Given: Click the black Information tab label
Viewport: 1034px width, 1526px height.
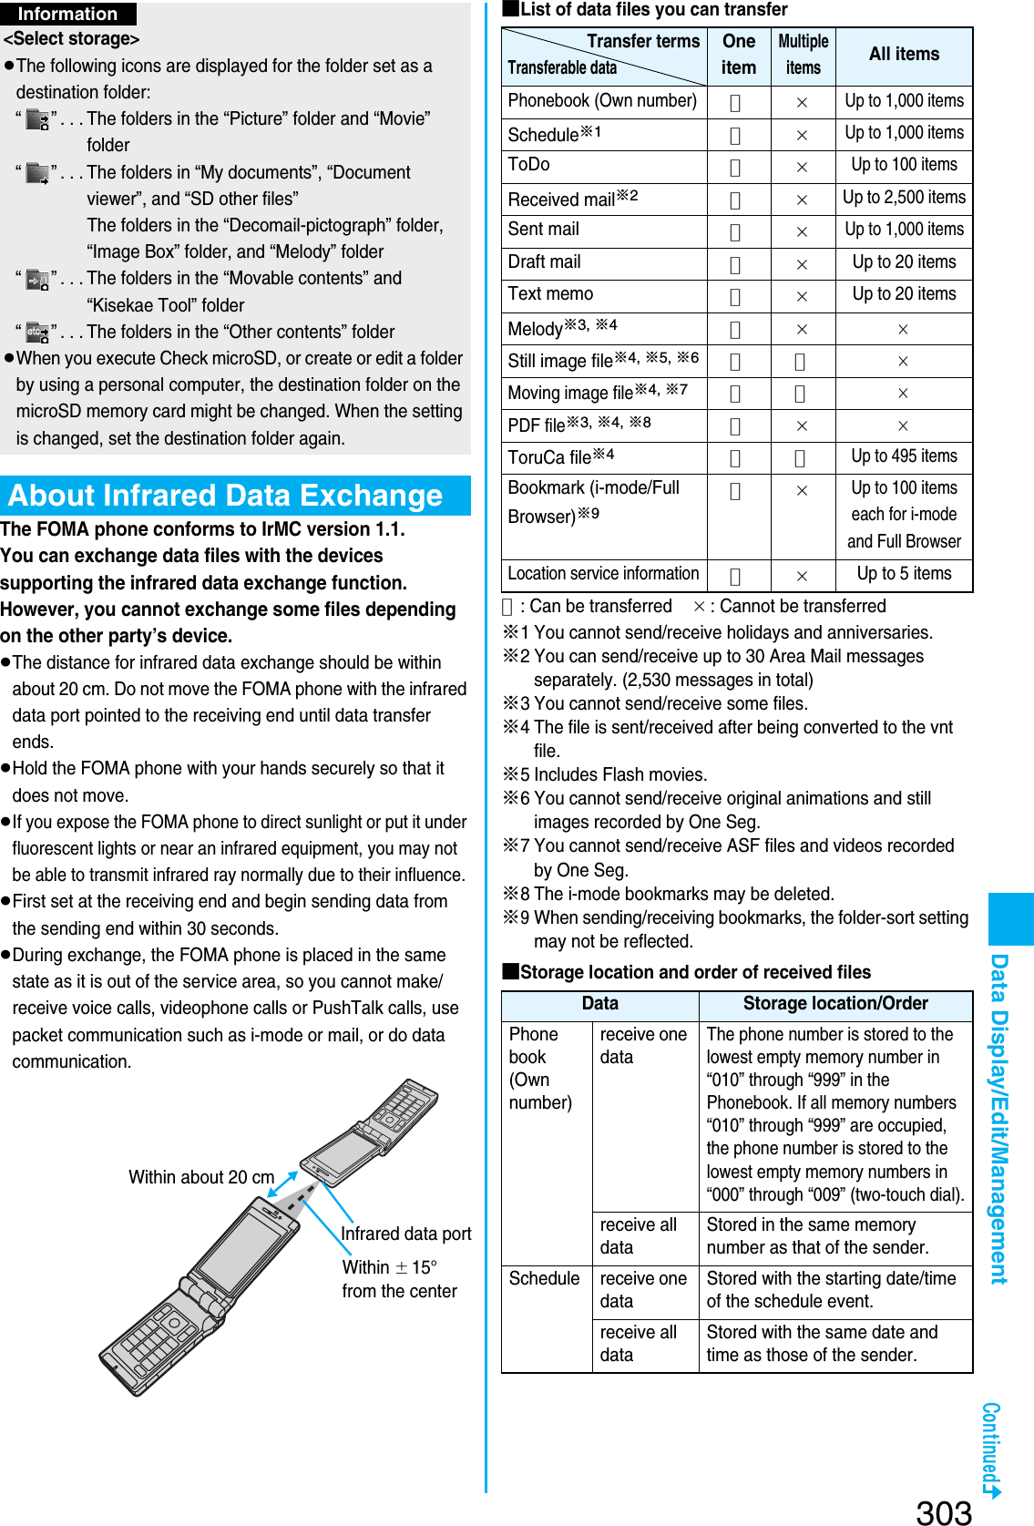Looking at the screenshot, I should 68,14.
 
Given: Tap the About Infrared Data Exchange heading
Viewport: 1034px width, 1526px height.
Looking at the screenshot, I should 226,496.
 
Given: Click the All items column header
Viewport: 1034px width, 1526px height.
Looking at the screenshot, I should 904,55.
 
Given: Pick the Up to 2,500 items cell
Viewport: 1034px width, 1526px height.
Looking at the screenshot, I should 904,198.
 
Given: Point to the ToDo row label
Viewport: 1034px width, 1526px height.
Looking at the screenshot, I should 529,165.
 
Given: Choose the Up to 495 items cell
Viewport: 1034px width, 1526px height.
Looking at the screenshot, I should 904,456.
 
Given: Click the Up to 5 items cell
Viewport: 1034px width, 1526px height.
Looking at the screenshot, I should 904,574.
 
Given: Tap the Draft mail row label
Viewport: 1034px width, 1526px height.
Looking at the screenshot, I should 545,262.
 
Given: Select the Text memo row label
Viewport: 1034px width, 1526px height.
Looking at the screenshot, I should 550,294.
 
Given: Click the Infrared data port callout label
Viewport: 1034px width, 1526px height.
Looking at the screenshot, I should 406,1234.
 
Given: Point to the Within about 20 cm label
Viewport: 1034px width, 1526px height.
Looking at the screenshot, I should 201,1177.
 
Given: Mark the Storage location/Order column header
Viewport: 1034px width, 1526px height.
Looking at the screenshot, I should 835,1004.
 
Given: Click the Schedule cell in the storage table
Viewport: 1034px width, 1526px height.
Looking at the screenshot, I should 545,1279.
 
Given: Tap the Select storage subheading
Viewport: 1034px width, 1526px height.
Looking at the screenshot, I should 72,39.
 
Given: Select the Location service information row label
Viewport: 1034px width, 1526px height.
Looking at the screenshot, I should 603,574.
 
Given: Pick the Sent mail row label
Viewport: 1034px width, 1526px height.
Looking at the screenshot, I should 544,230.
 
